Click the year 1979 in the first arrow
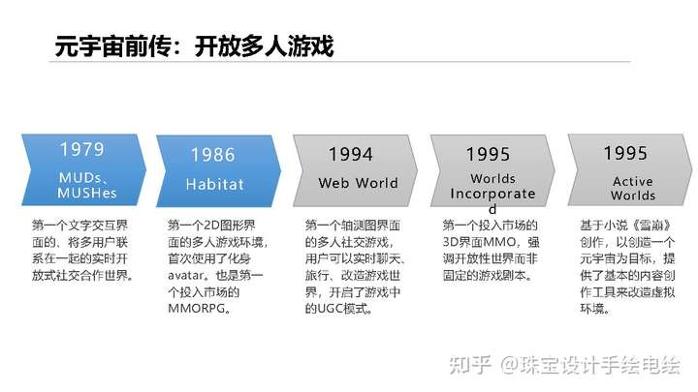point(81,149)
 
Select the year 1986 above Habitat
point(212,155)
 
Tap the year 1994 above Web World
point(350,154)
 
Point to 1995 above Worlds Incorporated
point(488,154)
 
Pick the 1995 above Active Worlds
point(625,153)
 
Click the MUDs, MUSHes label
point(87,185)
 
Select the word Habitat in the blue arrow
point(214,184)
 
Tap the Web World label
point(359,183)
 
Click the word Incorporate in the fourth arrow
point(492,194)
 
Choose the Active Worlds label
point(633,188)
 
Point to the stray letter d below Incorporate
point(492,209)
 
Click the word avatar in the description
point(185,276)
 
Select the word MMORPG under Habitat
point(196,308)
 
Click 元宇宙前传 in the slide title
point(113,46)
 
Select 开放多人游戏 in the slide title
point(265,46)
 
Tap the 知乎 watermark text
point(469,365)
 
